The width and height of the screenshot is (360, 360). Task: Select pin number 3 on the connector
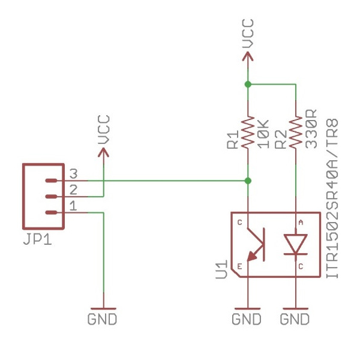tap(73, 174)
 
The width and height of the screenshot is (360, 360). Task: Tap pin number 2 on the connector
tap(73, 190)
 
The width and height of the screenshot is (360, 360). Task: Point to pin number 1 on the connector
tap(73, 206)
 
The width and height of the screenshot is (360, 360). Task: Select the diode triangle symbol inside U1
tap(296, 244)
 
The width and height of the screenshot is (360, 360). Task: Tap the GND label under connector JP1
tap(103, 319)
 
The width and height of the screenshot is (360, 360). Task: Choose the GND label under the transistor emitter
tap(247, 319)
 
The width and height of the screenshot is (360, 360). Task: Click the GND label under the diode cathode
tap(295, 319)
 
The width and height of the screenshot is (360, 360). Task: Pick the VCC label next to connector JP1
tap(103, 130)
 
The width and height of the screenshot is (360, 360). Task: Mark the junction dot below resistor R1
tap(248, 180)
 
